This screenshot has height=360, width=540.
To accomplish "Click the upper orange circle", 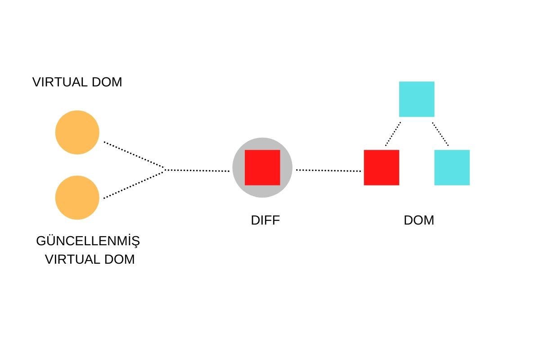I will coord(77,132).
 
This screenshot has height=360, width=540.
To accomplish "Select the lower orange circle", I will coord(77,198).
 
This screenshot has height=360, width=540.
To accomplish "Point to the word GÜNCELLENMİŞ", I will coord(88,241).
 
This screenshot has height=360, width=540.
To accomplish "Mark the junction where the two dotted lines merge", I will coord(166,170).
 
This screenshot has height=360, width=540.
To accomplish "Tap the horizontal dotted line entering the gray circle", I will coord(198,171).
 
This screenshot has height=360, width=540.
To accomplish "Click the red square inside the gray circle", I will coord(262,167).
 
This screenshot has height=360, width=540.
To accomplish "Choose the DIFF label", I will coord(265,220).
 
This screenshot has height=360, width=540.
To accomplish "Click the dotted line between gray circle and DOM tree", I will coord(328,171).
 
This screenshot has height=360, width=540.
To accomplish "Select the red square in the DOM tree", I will coord(381,167).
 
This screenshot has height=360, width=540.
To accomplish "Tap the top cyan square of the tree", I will coord(417,99).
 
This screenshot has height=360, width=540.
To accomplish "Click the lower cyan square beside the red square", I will coord(452,167).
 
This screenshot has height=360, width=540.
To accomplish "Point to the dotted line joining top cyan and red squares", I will coord(393,134).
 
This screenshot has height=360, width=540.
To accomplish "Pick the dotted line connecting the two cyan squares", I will coord(441,134).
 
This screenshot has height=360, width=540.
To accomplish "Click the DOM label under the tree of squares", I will coord(419,220).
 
